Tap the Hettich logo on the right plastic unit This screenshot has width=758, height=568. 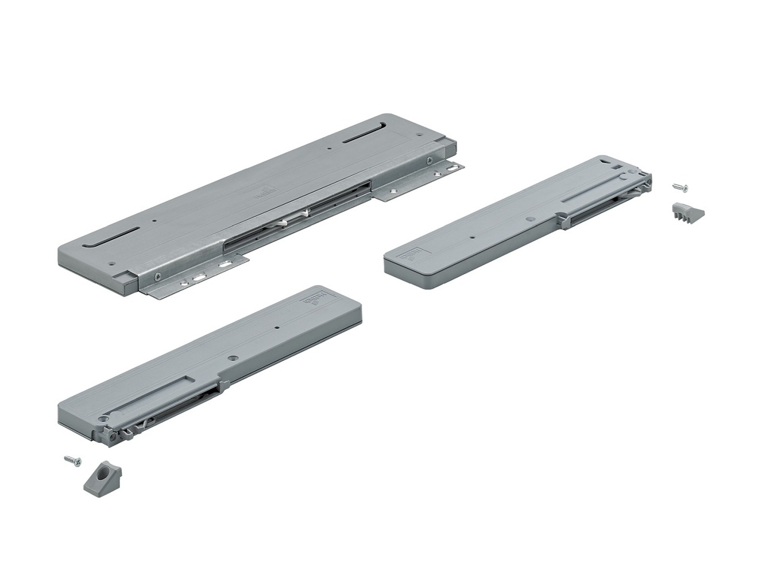[x=414, y=252]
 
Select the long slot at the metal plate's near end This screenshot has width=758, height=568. [x=111, y=236]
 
